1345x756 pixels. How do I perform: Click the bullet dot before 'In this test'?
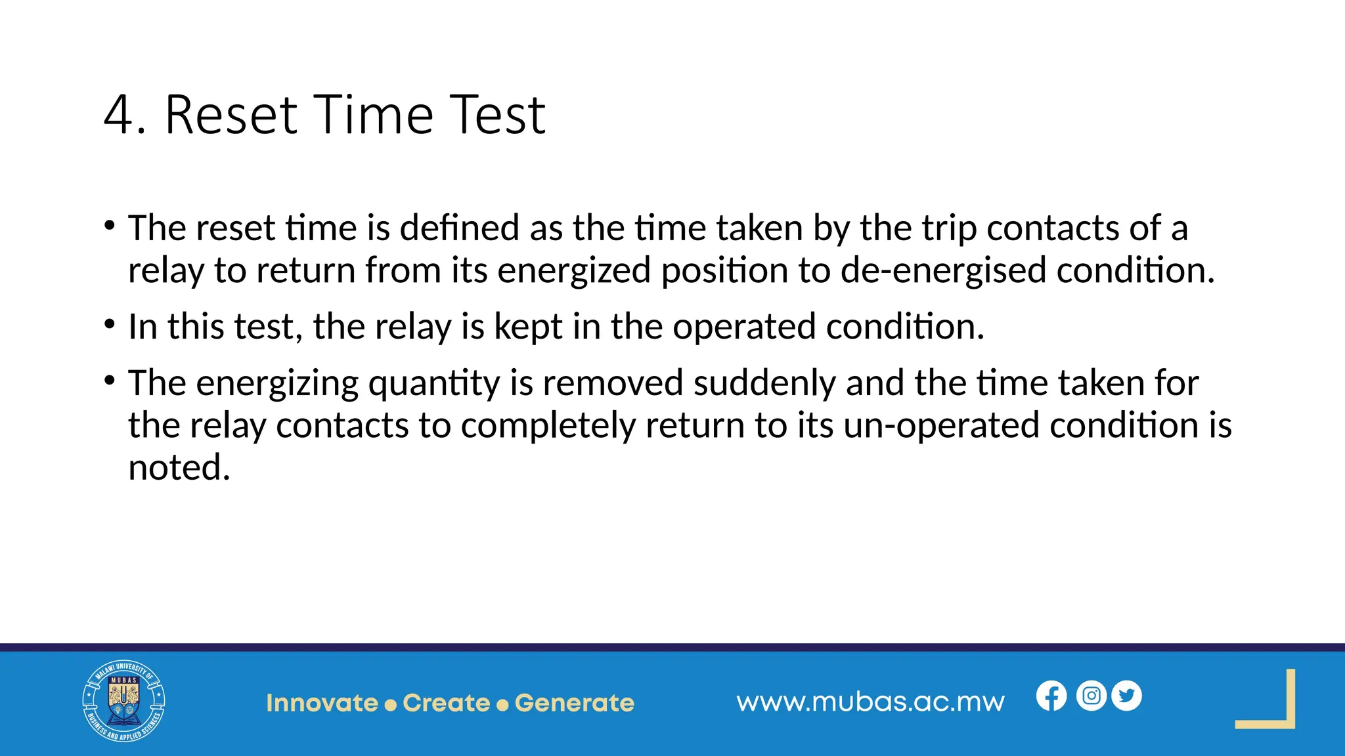(x=110, y=324)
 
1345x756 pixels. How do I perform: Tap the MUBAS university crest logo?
(x=123, y=702)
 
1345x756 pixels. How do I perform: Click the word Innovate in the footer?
(x=322, y=703)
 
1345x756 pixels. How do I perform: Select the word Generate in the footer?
(x=574, y=703)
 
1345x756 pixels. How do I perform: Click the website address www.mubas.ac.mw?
(x=870, y=702)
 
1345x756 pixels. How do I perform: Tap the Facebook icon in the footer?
(x=1051, y=696)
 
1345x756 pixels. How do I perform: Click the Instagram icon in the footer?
(x=1091, y=696)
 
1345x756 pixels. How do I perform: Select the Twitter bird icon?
(x=1127, y=696)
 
